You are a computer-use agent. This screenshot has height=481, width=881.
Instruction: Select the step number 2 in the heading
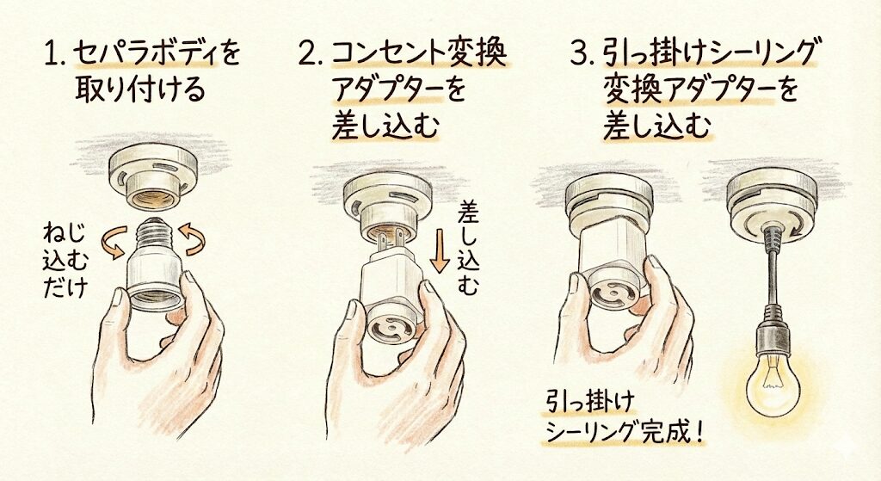pyautogui.click(x=309, y=53)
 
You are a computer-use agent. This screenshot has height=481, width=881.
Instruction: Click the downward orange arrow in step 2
pyautogui.click(x=440, y=254)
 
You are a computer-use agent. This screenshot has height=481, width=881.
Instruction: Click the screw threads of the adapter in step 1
pyautogui.click(x=155, y=232)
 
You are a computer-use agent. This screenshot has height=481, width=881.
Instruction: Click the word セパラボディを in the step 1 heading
pyautogui.click(x=157, y=54)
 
